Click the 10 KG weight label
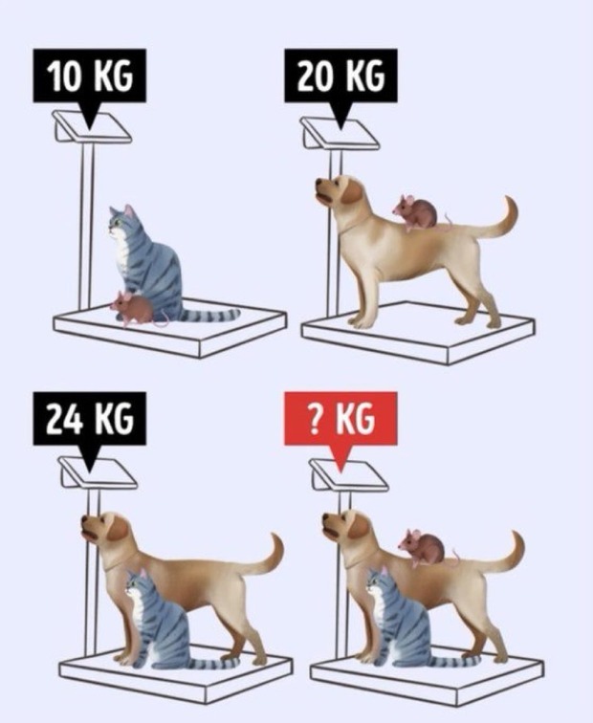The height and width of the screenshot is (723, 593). coord(90,77)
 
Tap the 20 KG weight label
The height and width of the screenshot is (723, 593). coord(340,77)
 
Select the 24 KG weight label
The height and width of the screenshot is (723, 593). coord(90,419)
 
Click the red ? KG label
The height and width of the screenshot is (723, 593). coord(340,419)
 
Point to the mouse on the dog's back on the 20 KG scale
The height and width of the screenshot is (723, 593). coord(417,212)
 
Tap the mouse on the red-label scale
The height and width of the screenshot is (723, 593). coord(425,547)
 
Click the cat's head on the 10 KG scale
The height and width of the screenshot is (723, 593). coord(122,220)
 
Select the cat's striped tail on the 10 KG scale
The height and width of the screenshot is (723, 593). coord(209,316)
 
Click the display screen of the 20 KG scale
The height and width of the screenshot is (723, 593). coord(341,132)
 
